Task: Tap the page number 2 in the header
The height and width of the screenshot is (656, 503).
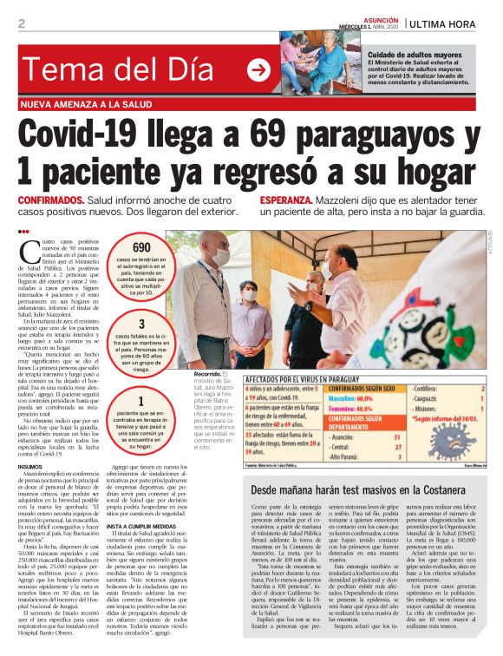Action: (x=21, y=23)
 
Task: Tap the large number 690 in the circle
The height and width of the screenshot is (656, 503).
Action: (x=141, y=247)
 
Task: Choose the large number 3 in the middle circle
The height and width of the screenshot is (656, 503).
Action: (x=141, y=325)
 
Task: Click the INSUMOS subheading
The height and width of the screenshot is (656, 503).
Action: (x=36, y=466)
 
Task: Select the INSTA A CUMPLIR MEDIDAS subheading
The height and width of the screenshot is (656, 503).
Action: (x=144, y=526)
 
